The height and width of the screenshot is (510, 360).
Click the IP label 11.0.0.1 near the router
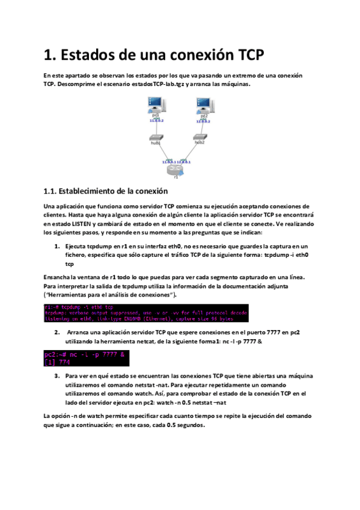click(x=168, y=162)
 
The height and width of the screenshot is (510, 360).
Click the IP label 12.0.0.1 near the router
click(x=184, y=162)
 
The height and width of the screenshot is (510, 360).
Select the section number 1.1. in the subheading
click(x=53, y=192)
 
